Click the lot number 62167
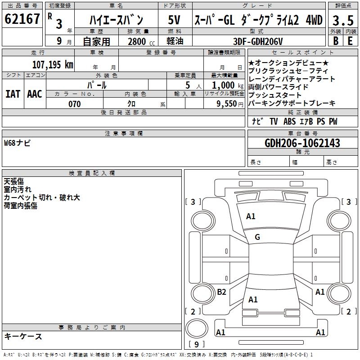point(22,19)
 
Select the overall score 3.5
point(343,20)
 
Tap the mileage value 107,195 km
point(53,65)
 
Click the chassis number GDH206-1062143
point(302,143)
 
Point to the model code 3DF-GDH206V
point(258,41)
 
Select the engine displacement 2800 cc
point(141,41)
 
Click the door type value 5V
point(174,20)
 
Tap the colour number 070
point(75,104)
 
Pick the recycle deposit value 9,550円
point(230,104)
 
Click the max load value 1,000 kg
point(228,85)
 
